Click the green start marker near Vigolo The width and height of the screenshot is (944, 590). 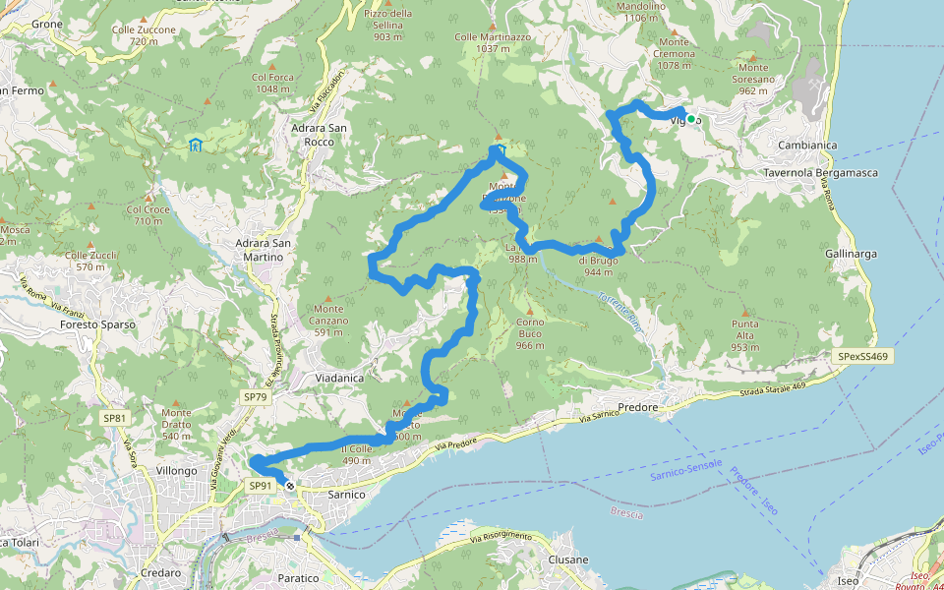click(x=691, y=119)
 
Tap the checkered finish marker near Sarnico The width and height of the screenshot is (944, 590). click(x=289, y=485)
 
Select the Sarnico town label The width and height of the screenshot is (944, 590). click(x=345, y=495)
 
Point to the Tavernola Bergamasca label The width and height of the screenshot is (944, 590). click(x=820, y=173)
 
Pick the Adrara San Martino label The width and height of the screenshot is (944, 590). click(x=254, y=250)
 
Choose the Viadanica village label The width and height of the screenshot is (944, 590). click(x=339, y=378)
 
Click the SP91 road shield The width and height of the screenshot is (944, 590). click(x=260, y=486)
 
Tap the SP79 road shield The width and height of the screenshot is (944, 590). click(x=255, y=397)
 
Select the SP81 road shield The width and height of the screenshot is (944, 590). click(x=115, y=418)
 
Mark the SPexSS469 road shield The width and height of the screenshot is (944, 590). click(x=864, y=356)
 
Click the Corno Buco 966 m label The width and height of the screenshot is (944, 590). click(x=530, y=333)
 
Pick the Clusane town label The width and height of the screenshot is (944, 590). click(x=567, y=560)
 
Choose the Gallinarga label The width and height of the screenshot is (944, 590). click(x=851, y=254)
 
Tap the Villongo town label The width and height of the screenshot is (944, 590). click(x=176, y=471)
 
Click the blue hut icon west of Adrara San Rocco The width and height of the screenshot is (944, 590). click(x=196, y=146)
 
